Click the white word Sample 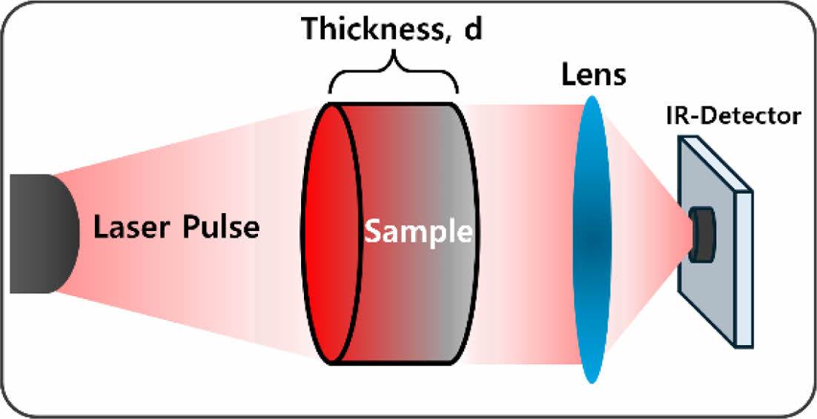tap(418, 232)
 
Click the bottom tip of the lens tap(591, 380)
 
